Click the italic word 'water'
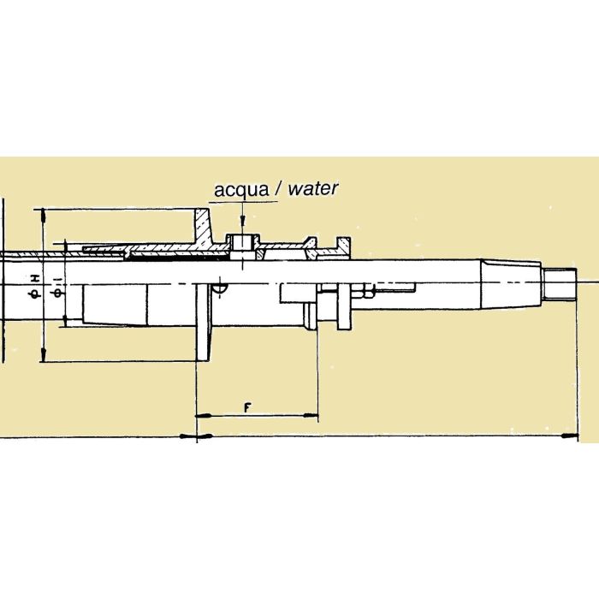312,189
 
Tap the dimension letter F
246,406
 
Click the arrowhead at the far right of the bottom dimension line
568,437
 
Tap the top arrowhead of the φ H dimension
40,214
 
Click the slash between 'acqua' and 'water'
278,189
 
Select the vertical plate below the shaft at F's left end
205,325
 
